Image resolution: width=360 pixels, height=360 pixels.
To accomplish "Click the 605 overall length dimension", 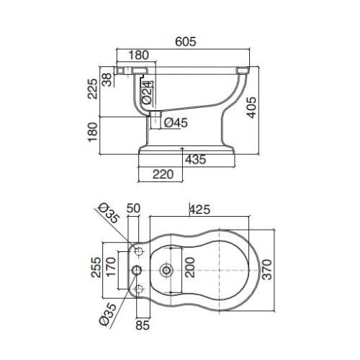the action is pyautogui.click(x=186, y=42).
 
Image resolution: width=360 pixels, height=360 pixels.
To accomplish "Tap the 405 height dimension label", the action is pyautogui.click(x=251, y=107).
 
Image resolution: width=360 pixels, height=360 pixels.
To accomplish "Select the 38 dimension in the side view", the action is pyautogui.click(x=107, y=79).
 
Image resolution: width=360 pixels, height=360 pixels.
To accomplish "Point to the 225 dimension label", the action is pyautogui.click(x=93, y=89).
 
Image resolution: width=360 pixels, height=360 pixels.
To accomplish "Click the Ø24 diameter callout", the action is pyautogui.click(x=147, y=93).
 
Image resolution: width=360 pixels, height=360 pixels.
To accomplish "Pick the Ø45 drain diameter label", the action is pyautogui.click(x=176, y=123).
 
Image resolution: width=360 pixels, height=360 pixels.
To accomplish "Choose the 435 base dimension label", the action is pyautogui.click(x=195, y=159).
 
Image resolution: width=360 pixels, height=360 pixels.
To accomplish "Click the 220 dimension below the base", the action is pyautogui.click(x=163, y=174).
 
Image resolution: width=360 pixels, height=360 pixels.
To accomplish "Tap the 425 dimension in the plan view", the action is pyautogui.click(x=199, y=210).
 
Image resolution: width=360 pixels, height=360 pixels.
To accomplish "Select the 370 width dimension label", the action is pyautogui.click(x=267, y=269).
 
